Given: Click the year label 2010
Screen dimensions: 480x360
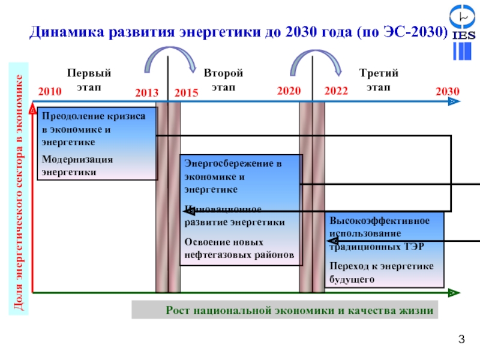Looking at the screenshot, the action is point(50,92).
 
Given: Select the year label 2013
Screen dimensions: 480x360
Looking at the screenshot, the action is point(146,93).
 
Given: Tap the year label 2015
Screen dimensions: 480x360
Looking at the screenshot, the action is point(186,93).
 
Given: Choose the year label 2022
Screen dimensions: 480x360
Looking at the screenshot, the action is point(336,92).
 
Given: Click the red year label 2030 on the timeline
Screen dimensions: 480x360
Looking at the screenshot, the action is point(447,92).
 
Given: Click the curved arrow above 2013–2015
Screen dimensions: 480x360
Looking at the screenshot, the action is point(169,59).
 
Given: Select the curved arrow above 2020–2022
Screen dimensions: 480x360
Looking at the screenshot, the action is point(314,59).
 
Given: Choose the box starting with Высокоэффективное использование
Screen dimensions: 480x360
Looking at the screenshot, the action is point(385,250).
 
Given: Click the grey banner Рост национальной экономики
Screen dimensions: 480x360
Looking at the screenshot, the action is point(285,310).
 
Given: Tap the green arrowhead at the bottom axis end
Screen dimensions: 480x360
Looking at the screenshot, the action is point(454,293).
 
